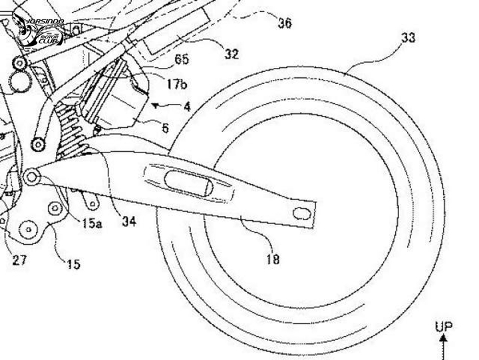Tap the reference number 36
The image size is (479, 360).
(x=284, y=24)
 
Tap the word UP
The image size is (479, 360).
(x=443, y=327)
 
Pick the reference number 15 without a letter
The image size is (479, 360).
(x=73, y=264)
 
